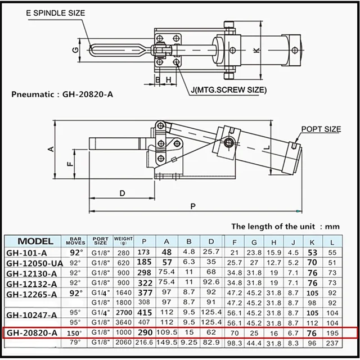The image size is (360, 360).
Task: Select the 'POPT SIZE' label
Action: coord(321,129)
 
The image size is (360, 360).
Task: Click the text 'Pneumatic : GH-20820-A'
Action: coord(62,93)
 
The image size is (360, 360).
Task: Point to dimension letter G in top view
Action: coord(75,51)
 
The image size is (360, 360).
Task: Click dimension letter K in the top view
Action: coord(256,51)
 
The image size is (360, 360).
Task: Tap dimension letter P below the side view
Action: coord(192,206)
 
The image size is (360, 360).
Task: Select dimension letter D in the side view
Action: coord(122,193)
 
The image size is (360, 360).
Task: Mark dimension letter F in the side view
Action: coord(69,164)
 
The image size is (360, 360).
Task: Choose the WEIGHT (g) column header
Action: coord(123,241)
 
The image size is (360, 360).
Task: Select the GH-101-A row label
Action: coord(28,252)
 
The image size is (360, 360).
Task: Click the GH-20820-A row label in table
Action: coord(33,333)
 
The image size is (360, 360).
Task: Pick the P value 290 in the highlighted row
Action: coord(145,333)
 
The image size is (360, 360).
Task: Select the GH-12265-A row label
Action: coord(33,293)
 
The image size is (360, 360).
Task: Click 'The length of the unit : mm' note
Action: coord(286,227)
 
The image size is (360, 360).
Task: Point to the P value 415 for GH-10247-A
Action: coord(145,313)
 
